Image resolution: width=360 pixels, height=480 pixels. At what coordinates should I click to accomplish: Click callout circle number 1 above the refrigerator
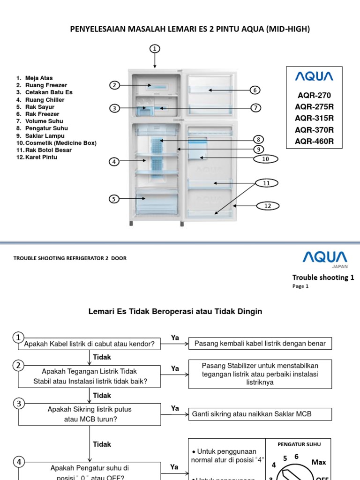click(x=155, y=48)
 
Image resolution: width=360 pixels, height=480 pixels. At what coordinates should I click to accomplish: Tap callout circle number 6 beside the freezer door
click(x=255, y=90)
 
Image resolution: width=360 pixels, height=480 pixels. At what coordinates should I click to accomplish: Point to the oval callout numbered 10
click(x=265, y=159)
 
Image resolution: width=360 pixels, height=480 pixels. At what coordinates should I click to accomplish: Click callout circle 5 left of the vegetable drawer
click(x=114, y=199)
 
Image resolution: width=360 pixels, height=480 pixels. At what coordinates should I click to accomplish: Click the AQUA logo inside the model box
click(x=314, y=76)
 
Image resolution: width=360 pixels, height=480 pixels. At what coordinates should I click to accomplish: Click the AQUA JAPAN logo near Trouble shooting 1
click(x=324, y=258)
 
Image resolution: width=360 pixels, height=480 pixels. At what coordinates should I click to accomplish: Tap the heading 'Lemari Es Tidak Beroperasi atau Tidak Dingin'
click(x=175, y=311)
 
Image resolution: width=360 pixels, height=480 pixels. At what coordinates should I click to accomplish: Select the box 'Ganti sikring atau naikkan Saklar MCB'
click(x=260, y=414)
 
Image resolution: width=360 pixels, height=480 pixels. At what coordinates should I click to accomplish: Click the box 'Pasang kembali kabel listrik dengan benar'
click(x=260, y=344)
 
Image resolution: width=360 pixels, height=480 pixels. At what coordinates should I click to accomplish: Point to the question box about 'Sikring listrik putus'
click(x=90, y=414)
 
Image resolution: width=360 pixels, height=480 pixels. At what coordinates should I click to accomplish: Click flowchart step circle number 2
click(x=18, y=366)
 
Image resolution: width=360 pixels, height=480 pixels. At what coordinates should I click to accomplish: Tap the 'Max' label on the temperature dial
click(x=318, y=462)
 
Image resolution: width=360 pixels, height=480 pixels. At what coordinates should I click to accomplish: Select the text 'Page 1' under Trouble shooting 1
click(x=300, y=286)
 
